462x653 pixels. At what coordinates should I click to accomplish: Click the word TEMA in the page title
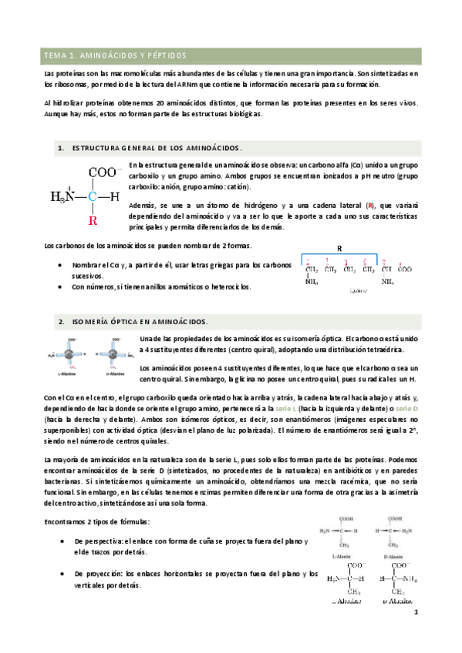coord(56,56)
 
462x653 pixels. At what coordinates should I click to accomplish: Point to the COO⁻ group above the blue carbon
coord(105,173)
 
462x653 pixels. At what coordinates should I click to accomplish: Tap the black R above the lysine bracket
coord(339,249)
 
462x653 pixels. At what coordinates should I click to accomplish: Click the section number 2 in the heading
coord(60,321)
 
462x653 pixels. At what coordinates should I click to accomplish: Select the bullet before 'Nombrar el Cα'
coord(62,264)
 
